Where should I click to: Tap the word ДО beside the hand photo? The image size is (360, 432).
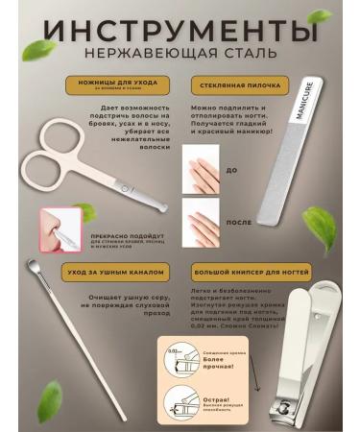pyautogui.click(x=231, y=170)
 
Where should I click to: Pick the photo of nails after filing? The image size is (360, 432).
pyautogui.click(x=201, y=222)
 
